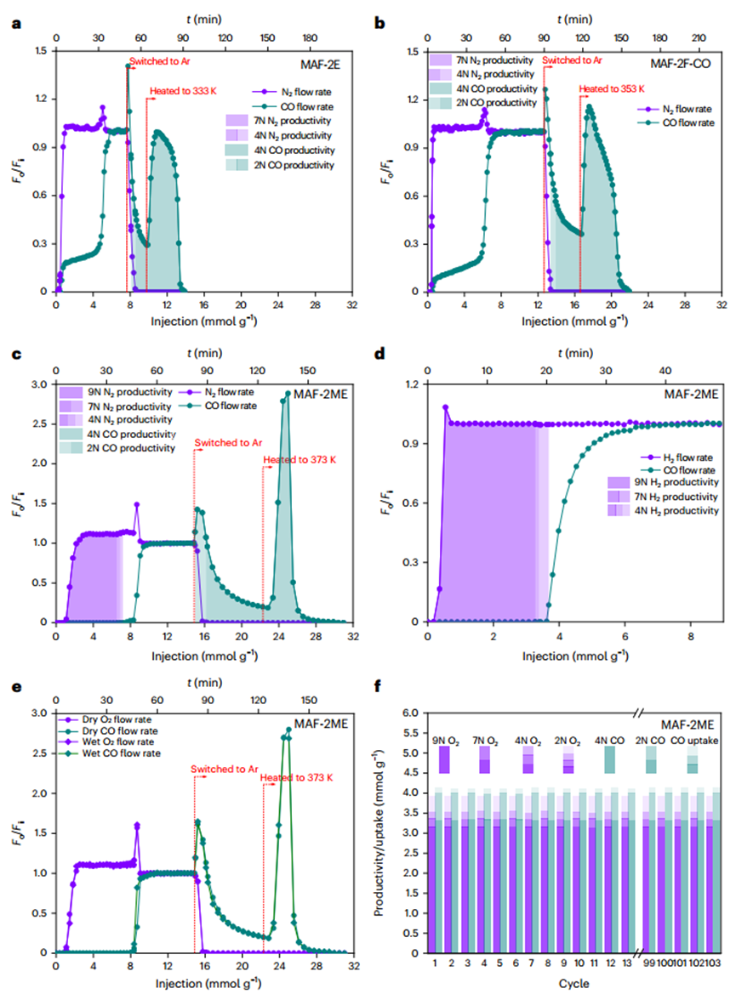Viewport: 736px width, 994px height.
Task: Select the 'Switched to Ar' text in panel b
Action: [571, 60]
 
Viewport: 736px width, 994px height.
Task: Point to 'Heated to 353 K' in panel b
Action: [612, 88]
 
